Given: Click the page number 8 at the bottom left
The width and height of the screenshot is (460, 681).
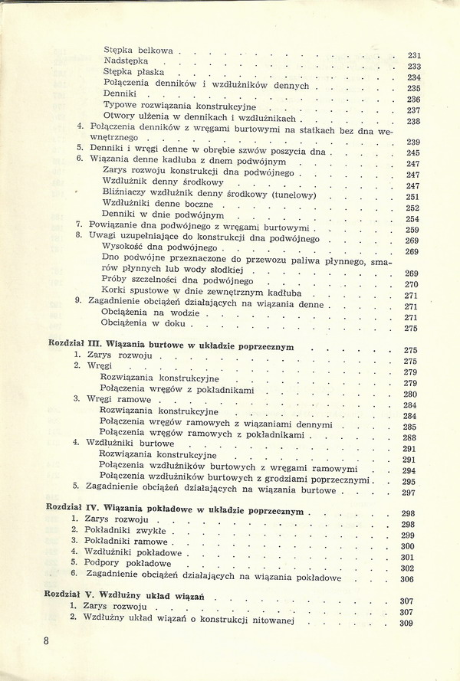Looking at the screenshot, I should tap(47, 640).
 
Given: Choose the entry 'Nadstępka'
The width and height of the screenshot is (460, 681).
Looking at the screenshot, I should tap(126, 61).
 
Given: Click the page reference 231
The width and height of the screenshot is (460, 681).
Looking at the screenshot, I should tap(415, 55).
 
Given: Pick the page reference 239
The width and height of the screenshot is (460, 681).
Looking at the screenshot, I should tap(413, 141).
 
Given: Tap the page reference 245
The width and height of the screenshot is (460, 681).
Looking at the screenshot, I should tap(412, 152).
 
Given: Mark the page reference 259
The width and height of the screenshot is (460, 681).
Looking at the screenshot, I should tap(412, 230).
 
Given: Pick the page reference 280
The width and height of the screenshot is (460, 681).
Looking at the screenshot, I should tap(409, 395).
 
